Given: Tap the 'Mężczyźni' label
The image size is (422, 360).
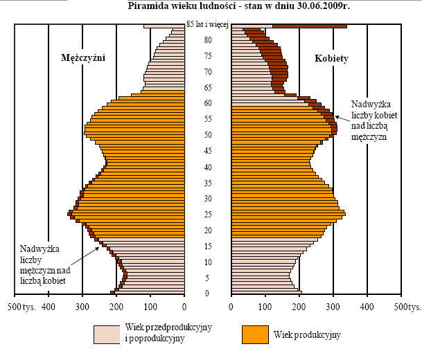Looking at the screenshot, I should click(82, 58).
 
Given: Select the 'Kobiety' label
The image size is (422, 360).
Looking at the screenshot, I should click(331, 58).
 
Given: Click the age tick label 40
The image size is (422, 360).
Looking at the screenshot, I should click(207, 167).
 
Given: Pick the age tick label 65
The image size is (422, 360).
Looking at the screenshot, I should click(207, 88).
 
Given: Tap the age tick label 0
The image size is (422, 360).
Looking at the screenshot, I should click(207, 294).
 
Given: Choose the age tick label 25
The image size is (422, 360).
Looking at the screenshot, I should click(207, 215).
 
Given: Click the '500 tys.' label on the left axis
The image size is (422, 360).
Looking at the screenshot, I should click(24, 305).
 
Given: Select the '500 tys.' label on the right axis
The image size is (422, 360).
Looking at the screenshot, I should click(405, 305).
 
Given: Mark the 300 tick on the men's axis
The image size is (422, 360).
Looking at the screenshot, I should click(82, 305).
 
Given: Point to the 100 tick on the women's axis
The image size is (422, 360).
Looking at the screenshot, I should click(265, 305).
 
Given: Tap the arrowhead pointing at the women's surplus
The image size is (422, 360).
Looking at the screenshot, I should click(338, 116).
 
